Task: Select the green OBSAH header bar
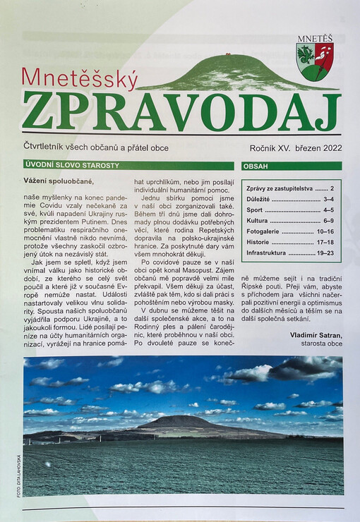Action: click(x=292, y=166)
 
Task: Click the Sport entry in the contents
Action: click(x=290, y=210)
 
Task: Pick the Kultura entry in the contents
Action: click(x=290, y=220)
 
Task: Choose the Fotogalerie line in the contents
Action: click(x=290, y=231)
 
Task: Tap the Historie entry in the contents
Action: click(x=290, y=241)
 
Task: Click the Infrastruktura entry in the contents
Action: click(x=290, y=252)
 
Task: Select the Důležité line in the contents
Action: click(x=290, y=199)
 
